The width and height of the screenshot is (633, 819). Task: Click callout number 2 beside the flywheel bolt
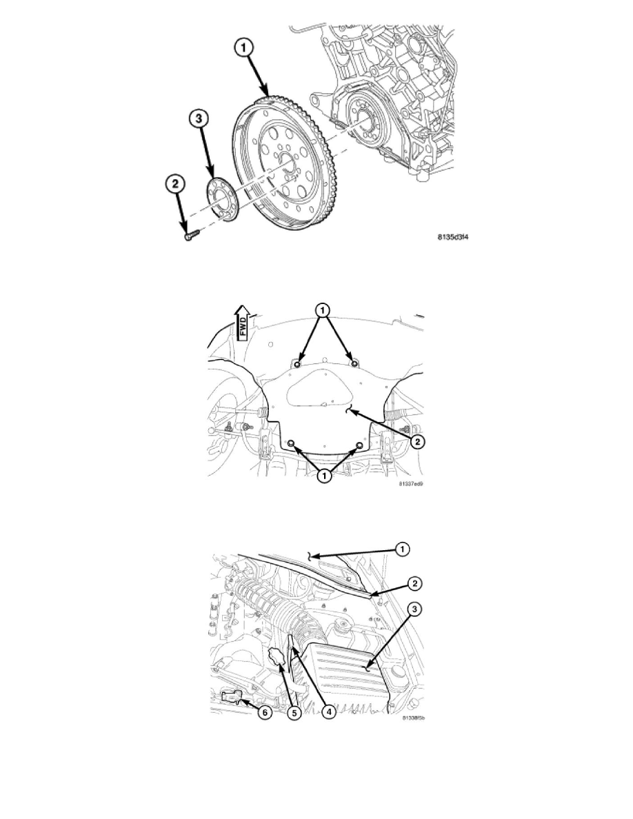tap(175, 183)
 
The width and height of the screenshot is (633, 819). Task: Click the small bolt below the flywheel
tap(190, 236)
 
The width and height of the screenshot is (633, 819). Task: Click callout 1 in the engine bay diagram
tap(403, 549)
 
